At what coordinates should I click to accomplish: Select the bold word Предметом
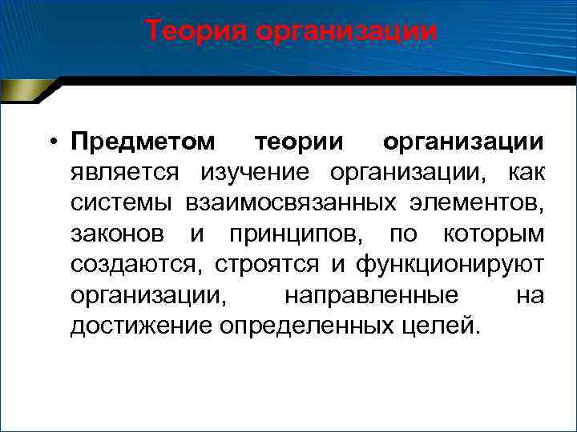tap(143, 142)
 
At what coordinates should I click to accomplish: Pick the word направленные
tap(371, 295)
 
